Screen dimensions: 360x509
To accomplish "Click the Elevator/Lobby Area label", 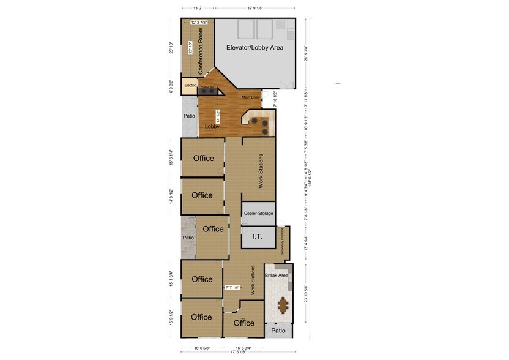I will coord(254,47).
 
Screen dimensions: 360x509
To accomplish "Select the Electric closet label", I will coord(189,86).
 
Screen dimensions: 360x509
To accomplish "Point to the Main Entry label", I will coord(251,97).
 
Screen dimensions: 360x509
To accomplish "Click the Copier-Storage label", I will coord(258,213).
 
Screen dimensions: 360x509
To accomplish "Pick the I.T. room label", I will coord(256,237).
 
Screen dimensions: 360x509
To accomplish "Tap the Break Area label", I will coord(277,276).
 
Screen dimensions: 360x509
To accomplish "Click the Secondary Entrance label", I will coord(283,242).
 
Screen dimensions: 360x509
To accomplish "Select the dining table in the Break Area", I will coord(283,304).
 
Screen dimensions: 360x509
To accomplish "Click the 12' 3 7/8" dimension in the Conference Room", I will coord(199,23).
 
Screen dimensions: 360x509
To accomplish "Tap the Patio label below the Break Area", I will coord(278,331).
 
